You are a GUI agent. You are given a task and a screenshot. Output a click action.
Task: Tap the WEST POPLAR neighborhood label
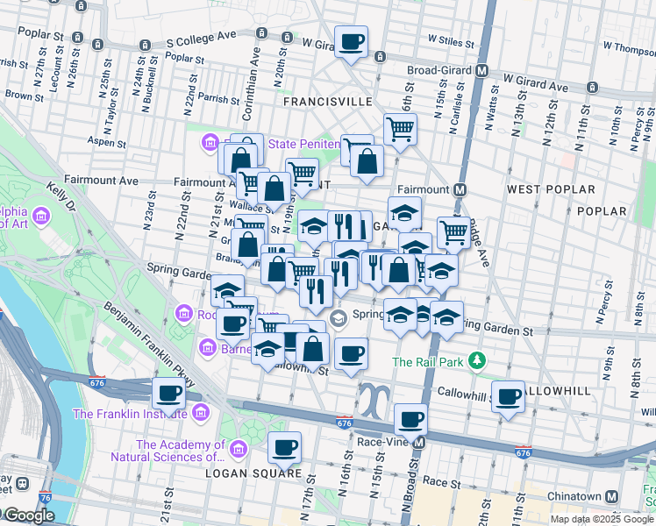click(542, 189)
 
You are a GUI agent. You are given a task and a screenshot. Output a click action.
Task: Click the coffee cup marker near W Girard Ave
click(351, 42)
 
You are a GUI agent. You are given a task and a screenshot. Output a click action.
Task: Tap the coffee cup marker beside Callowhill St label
click(508, 396)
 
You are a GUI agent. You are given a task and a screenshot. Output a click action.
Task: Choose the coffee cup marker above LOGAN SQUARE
click(284, 448)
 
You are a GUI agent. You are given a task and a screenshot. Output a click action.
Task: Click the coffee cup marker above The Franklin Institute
click(168, 394)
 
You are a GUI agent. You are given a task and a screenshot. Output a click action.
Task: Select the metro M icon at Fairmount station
click(459, 189)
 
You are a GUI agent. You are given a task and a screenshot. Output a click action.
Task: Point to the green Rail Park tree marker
click(476, 361)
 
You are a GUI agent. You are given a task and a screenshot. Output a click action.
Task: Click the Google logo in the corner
click(28, 515)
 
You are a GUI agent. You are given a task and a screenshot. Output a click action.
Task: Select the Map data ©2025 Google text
click(601, 518)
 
